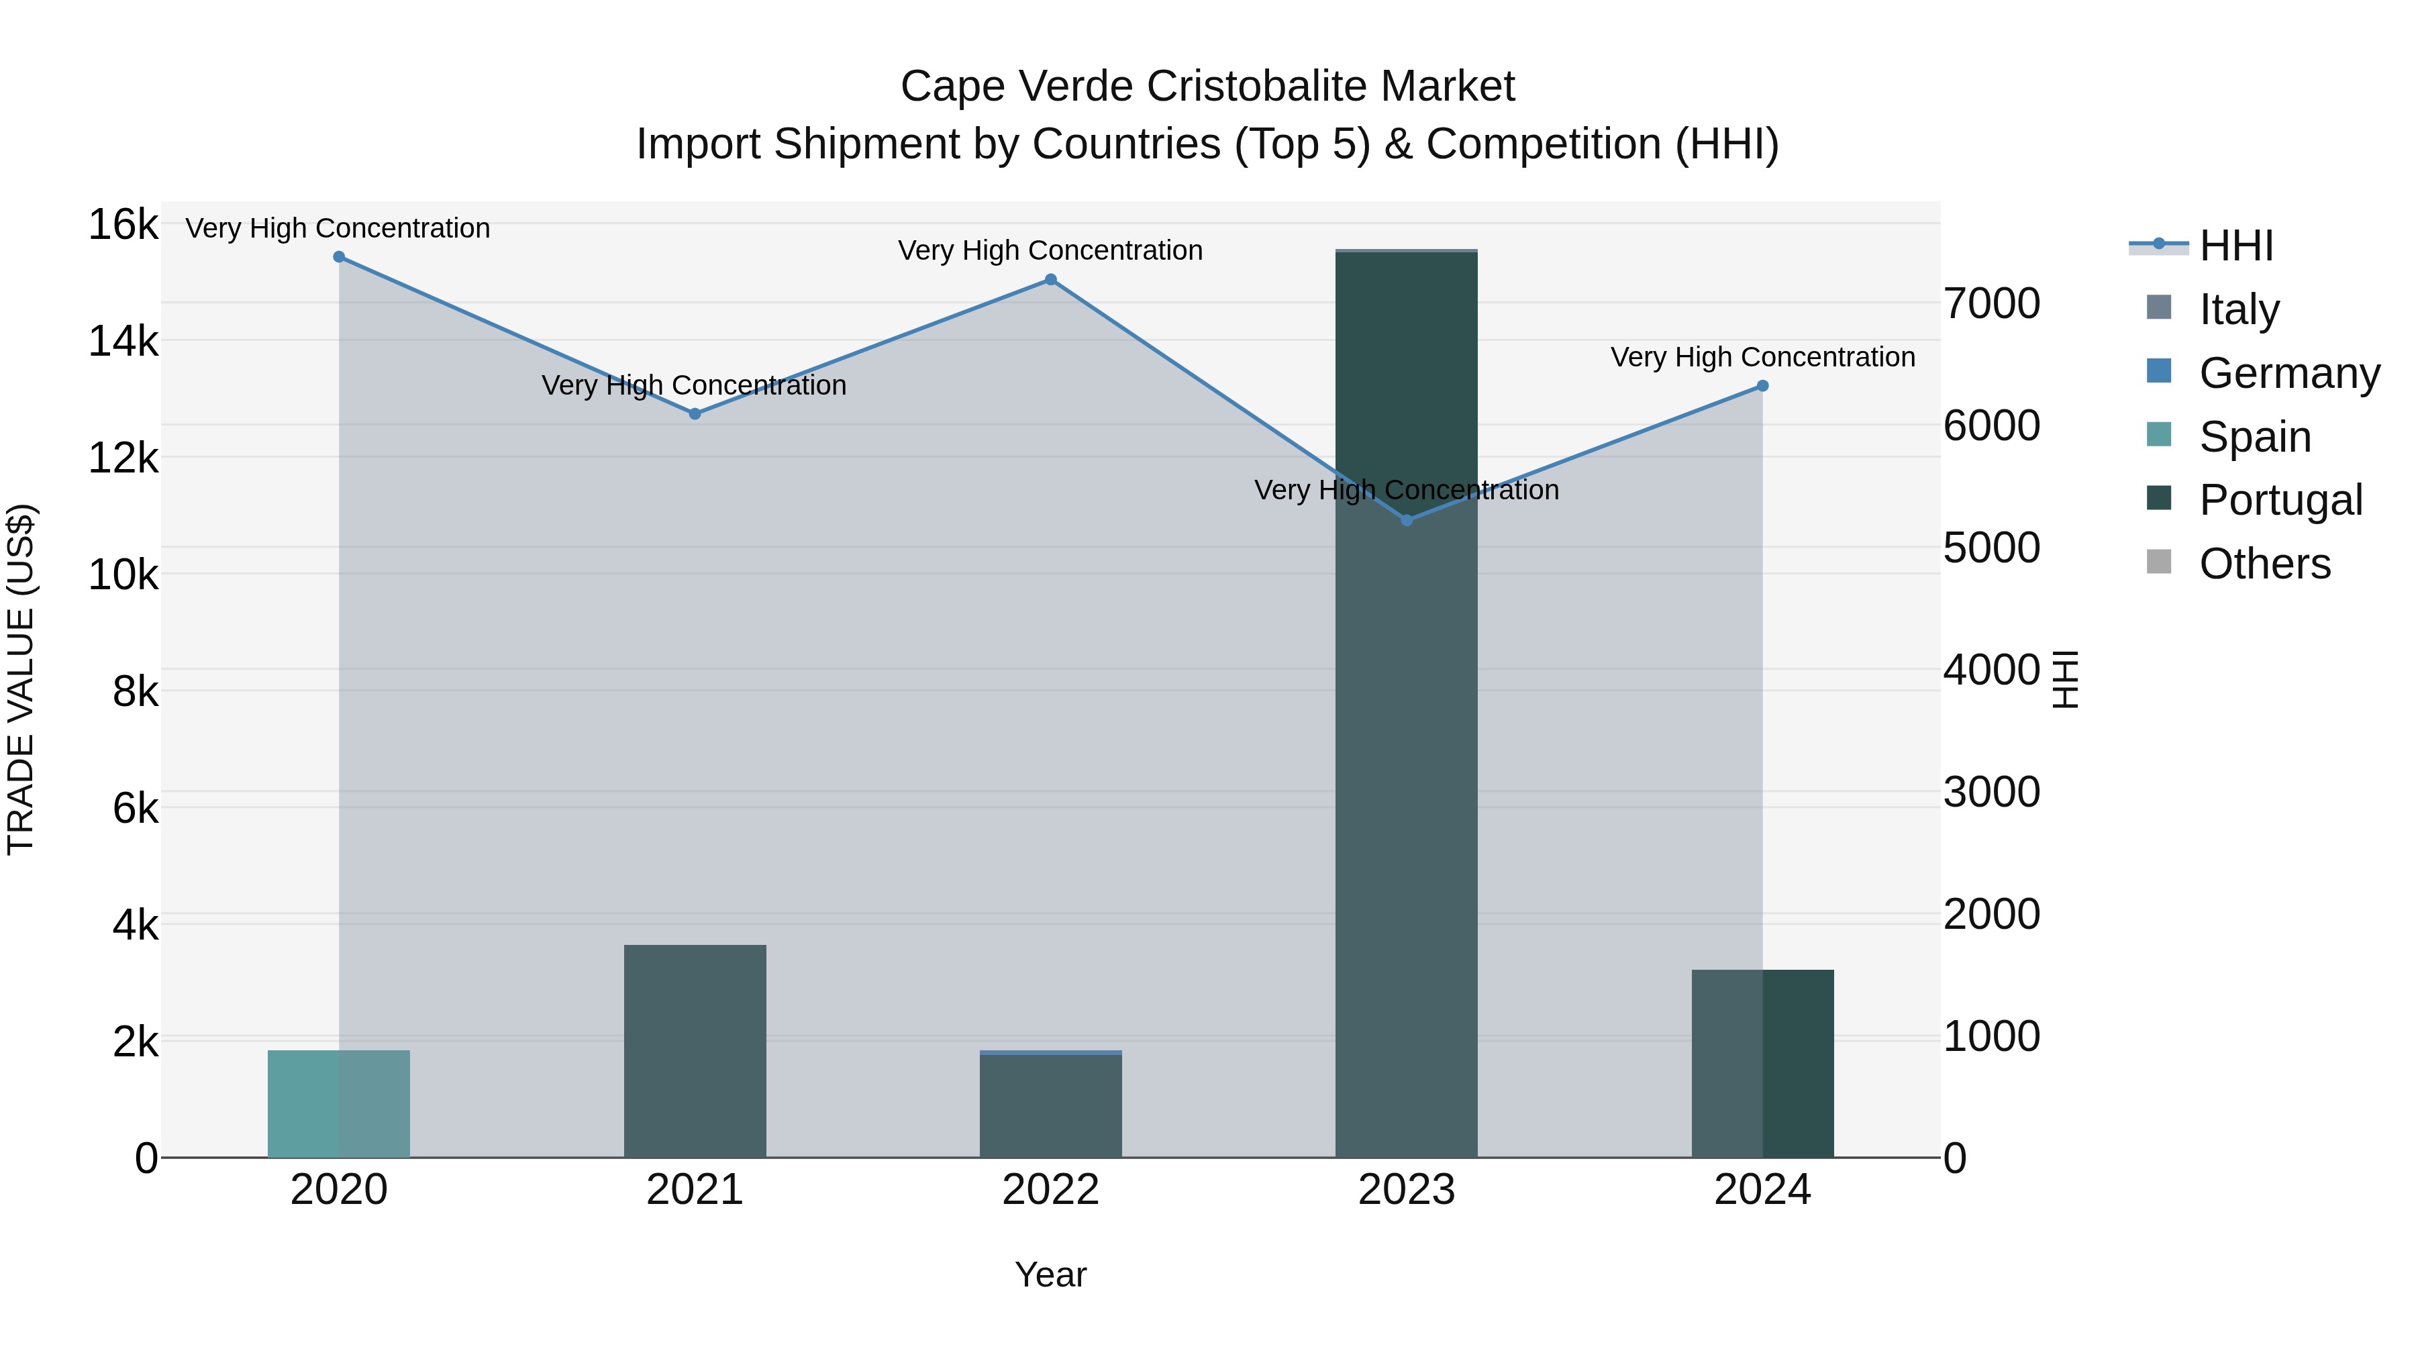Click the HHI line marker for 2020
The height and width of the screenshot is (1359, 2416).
(x=339, y=257)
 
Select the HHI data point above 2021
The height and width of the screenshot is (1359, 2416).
(x=695, y=413)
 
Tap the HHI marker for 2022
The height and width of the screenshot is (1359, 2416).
(x=1050, y=279)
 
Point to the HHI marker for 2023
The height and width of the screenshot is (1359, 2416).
(x=1406, y=519)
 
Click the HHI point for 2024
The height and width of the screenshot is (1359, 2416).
(x=1762, y=385)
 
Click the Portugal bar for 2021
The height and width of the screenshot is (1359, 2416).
(x=695, y=1050)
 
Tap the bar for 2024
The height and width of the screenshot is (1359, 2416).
(x=1762, y=1064)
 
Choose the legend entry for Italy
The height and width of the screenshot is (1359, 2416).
(x=2237, y=309)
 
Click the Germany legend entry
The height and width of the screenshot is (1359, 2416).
(x=2288, y=373)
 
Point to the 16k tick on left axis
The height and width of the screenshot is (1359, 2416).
(x=123, y=225)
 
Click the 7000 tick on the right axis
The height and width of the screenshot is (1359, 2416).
(x=1991, y=304)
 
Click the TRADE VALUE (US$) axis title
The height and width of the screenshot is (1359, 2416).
(x=21, y=679)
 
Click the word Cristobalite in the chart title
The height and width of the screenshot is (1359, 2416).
(x=1260, y=87)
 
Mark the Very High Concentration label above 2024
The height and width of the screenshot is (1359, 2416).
(x=1762, y=357)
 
